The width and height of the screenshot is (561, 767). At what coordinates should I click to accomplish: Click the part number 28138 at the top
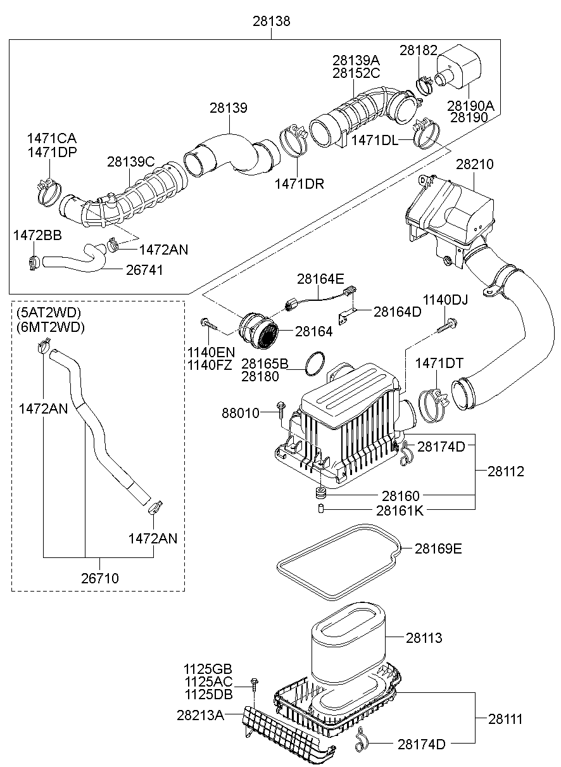coord(272,22)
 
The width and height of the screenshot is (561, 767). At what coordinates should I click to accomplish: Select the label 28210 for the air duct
coord(475,164)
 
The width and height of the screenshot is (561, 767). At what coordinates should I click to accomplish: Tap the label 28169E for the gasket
coord(438,548)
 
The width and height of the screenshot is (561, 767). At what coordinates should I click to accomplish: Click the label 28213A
coord(201,714)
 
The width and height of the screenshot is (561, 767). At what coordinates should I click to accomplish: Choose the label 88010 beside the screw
coord(241,413)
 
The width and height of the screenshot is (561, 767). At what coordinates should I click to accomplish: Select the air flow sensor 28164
coord(260,329)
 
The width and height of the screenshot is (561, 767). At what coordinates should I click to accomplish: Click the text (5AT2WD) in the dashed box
coord(49,313)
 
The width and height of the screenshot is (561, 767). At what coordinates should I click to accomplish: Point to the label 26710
coord(99,578)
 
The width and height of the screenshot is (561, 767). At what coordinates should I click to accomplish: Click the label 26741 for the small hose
coord(144,270)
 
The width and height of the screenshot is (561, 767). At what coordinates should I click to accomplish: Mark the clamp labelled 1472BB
coord(34,260)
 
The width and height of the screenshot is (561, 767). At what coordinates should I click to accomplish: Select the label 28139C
coord(130,162)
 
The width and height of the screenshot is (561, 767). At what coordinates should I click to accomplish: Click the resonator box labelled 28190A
coord(462,68)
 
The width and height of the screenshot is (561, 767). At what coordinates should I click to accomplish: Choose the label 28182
coord(419,50)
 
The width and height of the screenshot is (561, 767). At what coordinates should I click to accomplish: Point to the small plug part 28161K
coord(321,509)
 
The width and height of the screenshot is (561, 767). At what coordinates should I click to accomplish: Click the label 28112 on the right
coord(506,471)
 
